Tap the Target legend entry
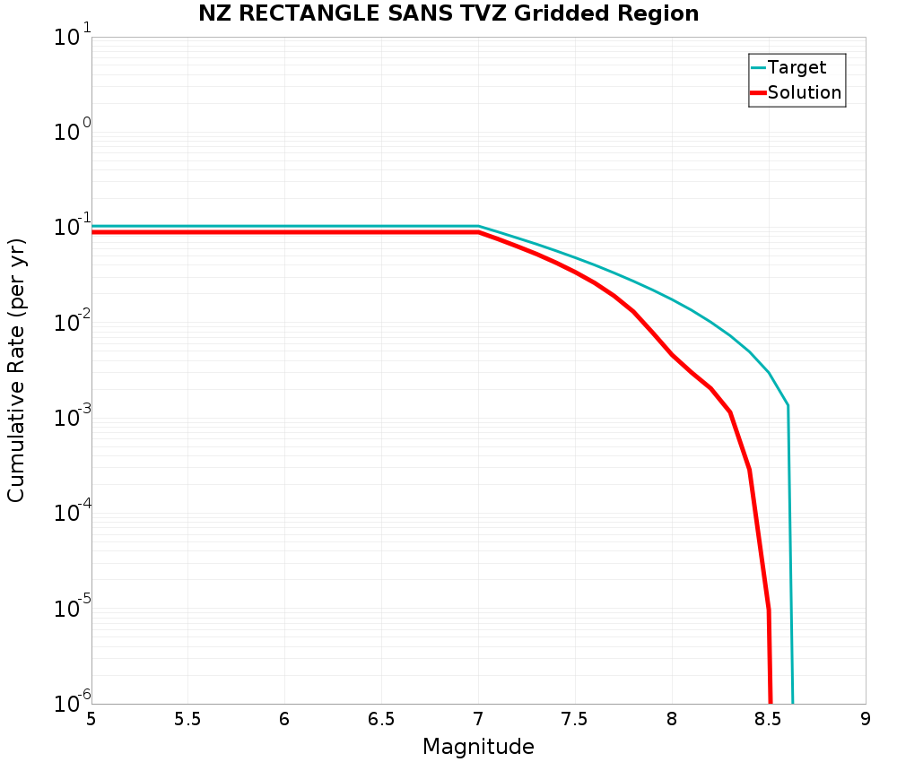coord(797,67)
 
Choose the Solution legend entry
coord(805,92)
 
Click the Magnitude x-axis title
coord(478,746)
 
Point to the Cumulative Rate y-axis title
coord(16,370)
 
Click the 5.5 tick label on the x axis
coord(187,719)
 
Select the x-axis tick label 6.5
coord(381,719)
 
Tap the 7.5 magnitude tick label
coord(575,719)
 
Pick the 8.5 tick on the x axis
coord(769,719)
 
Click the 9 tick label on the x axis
coord(866,719)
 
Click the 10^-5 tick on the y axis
coord(72,610)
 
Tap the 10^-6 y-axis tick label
coord(72,703)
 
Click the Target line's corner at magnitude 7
coord(478,226)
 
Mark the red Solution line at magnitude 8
coord(672,355)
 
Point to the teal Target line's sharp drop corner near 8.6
coord(788,406)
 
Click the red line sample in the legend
coord(758,92)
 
